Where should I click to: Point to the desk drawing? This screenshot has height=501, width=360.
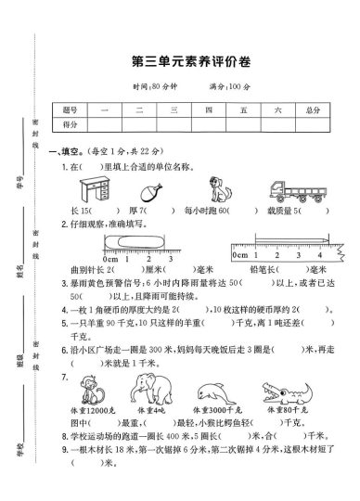tap(91, 189)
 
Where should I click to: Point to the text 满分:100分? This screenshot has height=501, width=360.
tap(229, 85)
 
